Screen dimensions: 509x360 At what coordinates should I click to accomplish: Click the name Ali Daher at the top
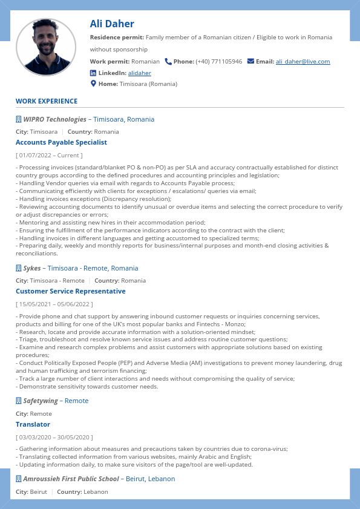pos(112,24)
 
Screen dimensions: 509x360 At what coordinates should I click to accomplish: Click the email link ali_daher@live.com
pos(303,62)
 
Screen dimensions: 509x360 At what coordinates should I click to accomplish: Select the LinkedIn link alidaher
pos(139,73)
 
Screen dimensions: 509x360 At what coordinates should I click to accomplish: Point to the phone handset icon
pos(168,61)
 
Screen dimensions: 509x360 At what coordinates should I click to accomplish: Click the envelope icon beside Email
pos(250,61)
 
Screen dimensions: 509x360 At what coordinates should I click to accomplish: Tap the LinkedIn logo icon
pos(93,73)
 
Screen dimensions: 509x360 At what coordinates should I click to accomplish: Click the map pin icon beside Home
pos(93,84)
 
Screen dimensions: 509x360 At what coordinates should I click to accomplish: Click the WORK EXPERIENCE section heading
pos(47,101)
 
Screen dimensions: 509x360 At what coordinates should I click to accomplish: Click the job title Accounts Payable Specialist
pos(61,142)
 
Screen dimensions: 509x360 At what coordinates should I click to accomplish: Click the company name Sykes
pos(32,268)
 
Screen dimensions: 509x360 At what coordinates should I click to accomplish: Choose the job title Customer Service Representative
pos(71,291)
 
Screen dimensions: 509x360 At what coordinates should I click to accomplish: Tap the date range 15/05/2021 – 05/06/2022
pos(54,304)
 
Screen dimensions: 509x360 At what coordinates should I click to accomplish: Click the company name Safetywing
pos(41,401)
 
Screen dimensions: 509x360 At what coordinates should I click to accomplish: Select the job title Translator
pos(33,424)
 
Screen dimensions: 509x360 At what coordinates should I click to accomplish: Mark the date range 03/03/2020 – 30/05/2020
pos(54,437)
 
